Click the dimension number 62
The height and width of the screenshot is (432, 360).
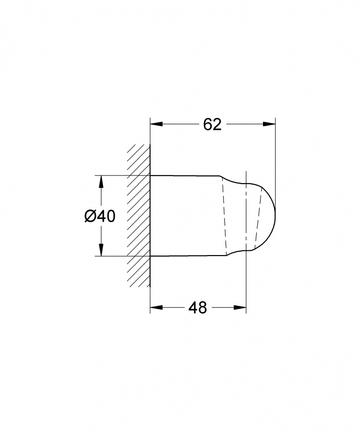click(212, 125)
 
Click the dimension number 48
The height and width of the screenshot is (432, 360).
click(197, 307)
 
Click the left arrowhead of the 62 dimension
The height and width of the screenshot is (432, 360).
click(156, 124)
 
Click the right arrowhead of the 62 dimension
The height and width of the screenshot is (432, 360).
click(269, 124)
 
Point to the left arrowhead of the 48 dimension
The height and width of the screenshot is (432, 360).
click(156, 307)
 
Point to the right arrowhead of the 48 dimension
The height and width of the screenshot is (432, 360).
click(240, 307)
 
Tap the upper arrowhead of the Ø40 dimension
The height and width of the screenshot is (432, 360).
click(101, 182)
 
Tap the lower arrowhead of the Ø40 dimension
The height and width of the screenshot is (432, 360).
click(101, 250)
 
